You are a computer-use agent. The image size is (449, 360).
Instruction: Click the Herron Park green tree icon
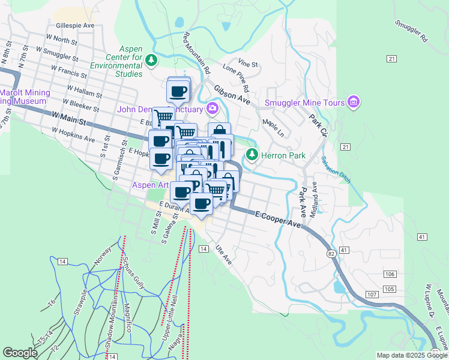252,155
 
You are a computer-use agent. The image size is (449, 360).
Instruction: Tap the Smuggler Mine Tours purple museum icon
354,103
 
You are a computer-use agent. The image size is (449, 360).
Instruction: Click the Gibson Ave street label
232,94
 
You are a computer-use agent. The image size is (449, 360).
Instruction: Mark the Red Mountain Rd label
197,53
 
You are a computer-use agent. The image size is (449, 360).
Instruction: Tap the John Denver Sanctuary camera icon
211,109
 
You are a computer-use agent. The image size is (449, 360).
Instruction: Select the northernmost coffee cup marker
179,92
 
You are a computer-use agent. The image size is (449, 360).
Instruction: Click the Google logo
20,353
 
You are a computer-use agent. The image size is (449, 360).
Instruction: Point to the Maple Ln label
273,127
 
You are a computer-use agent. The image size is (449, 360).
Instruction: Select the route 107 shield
371,295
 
